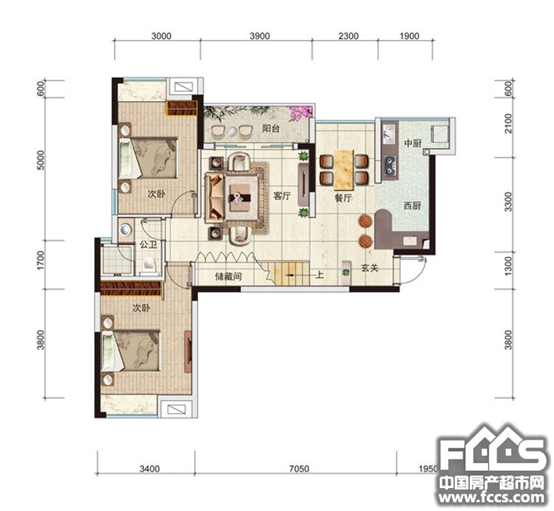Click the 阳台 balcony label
click(271, 128)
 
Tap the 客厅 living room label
click(282, 196)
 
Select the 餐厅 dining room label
click(343, 198)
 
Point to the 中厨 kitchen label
click(413, 143)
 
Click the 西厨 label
click(412, 206)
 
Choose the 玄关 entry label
click(370, 268)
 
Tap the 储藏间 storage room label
click(229, 276)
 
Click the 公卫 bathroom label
click(148, 244)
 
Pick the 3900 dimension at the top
click(260, 36)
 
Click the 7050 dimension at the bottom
click(299, 469)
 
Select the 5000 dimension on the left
click(41, 160)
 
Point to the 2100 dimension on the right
click(508, 123)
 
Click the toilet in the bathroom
click(149, 267)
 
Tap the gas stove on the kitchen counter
click(390, 166)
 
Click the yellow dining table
click(343, 169)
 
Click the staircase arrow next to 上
click(291, 275)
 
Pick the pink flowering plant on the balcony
click(301, 113)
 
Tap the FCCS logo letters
click(492, 453)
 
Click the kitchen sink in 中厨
click(389, 133)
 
